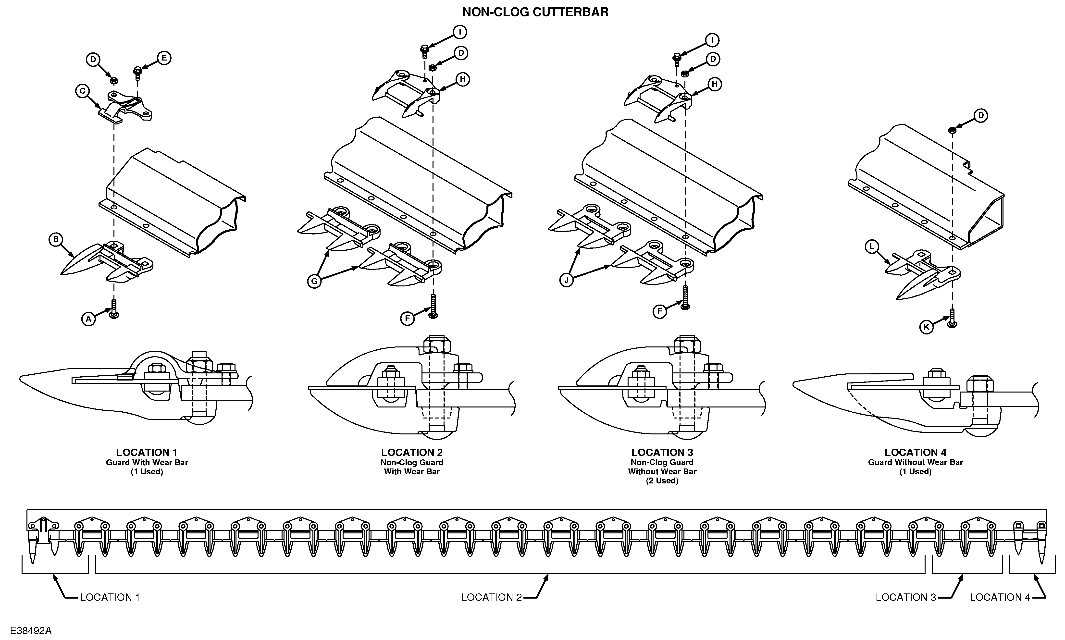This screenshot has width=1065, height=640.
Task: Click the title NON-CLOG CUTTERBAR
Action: click(x=535, y=12)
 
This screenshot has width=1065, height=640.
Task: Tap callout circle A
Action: click(x=88, y=319)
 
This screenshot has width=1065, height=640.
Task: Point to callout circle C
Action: click(x=82, y=91)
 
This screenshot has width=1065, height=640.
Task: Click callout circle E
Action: click(x=164, y=58)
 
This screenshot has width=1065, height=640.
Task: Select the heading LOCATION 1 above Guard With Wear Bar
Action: click(x=147, y=452)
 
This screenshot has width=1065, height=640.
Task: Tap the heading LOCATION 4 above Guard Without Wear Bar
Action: click(x=915, y=452)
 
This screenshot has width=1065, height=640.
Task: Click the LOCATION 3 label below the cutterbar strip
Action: click(x=906, y=597)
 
